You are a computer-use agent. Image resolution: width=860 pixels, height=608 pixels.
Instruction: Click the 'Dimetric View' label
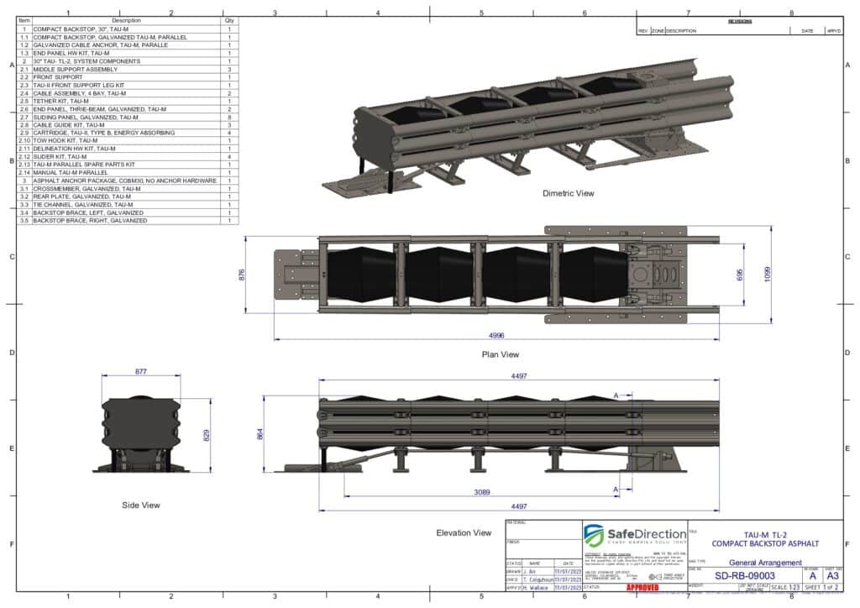(x=568, y=193)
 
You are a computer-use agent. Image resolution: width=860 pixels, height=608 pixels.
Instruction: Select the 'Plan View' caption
(x=500, y=354)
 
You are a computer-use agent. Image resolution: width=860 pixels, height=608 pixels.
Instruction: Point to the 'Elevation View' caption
(x=464, y=532)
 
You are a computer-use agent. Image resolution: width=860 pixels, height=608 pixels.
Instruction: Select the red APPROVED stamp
(x=642, y=587)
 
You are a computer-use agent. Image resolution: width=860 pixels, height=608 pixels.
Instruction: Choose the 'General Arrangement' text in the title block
(x=765, y=563)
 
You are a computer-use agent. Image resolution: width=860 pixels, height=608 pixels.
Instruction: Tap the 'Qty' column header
(x=229, y=20)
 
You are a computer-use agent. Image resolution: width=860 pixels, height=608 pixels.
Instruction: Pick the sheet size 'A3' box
(x=832, y=576)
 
